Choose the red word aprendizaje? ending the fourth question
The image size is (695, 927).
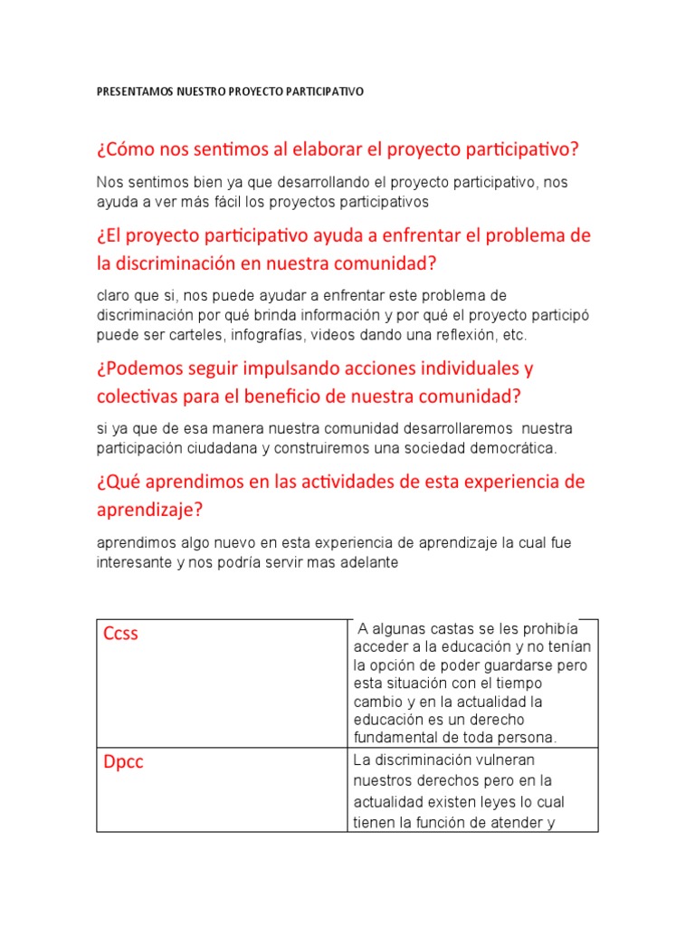click(149, 511)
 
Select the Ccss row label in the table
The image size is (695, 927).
click(120, 634)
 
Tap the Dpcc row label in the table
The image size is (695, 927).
click(123, 762)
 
